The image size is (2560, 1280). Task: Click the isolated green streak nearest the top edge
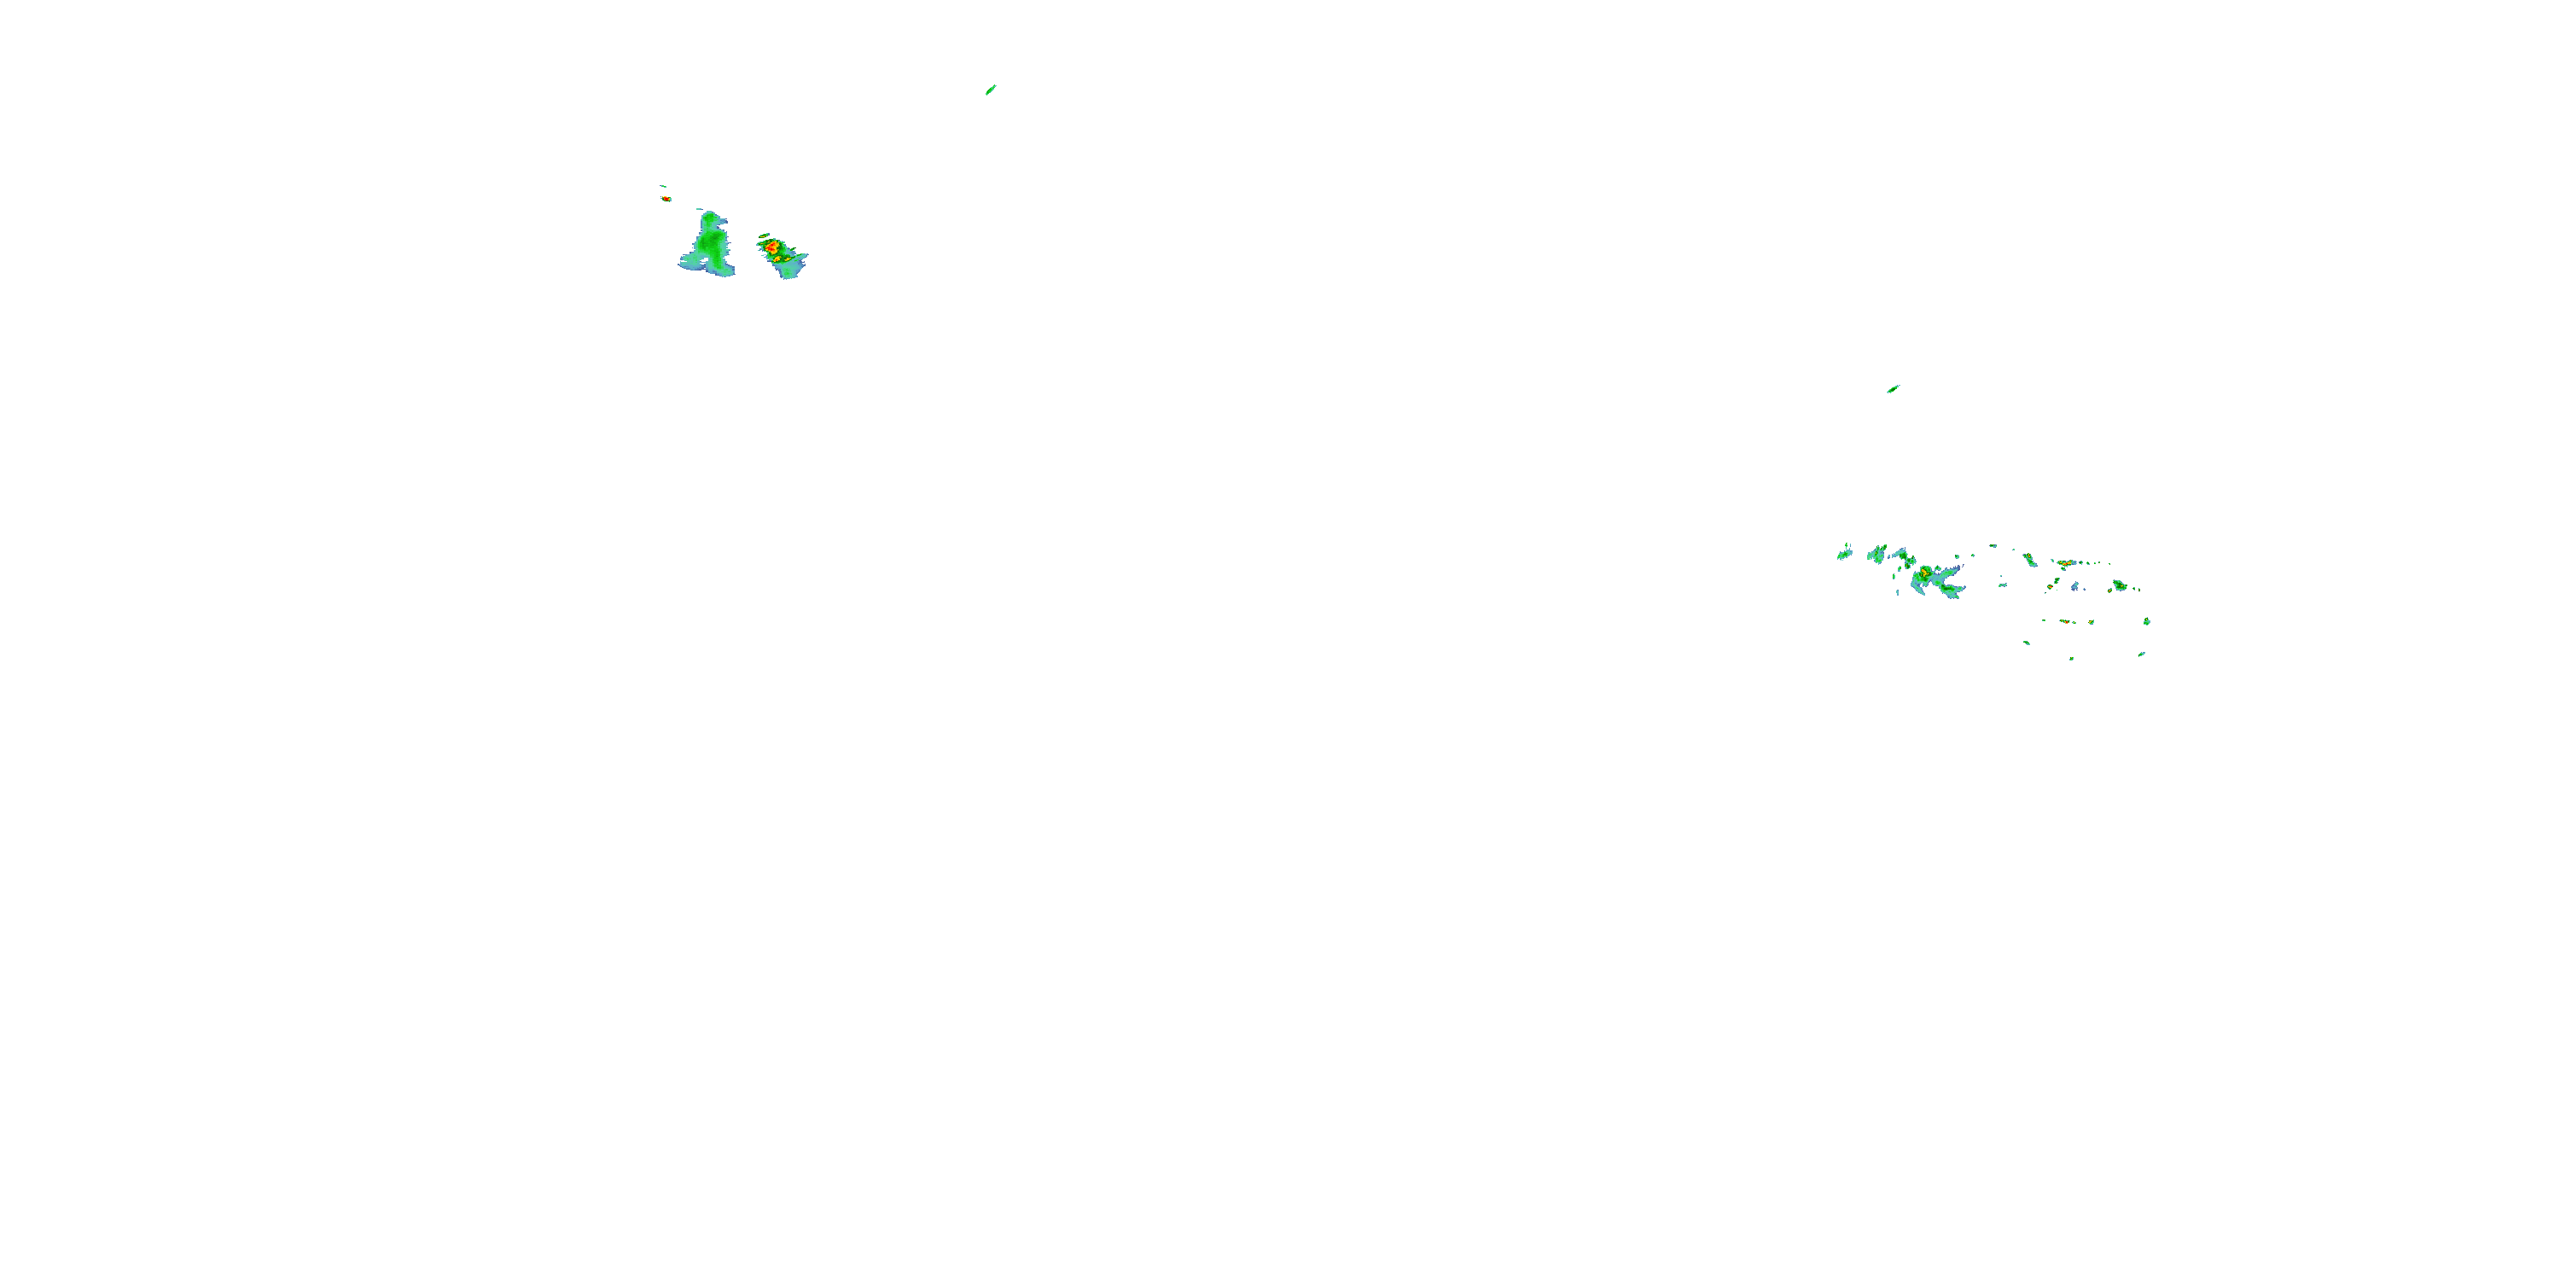click(x=991, y=90)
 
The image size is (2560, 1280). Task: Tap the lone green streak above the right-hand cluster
click(x=1894, y=388)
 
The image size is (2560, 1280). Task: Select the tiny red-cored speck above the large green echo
click(x=666, y=198)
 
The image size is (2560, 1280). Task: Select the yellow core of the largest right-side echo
click(x=1925, y=573)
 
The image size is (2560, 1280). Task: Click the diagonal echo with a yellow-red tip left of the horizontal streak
click(x=2030, y=561)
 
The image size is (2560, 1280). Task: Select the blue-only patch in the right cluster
click(x=2075, y=586)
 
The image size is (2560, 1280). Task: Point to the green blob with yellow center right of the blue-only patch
click(x=2119, y=585)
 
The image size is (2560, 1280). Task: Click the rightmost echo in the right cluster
click(x=2148, y=622)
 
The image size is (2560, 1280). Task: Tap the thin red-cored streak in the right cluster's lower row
click(x=2066, y=621)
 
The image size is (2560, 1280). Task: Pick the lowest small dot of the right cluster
click(x=2072, y=658)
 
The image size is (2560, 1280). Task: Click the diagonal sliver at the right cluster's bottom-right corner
click(x=2142, y=654)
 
